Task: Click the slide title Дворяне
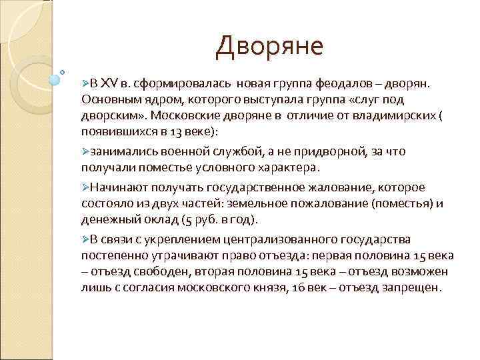click(270, 46)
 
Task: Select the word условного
click(216, 166)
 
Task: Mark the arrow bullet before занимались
click(85, 151)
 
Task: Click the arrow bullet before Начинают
click(85, 188)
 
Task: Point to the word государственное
click(251, 188)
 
